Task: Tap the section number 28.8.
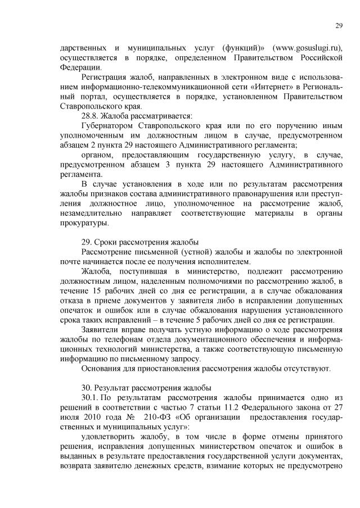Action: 91,116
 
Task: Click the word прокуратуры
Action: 84,223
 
